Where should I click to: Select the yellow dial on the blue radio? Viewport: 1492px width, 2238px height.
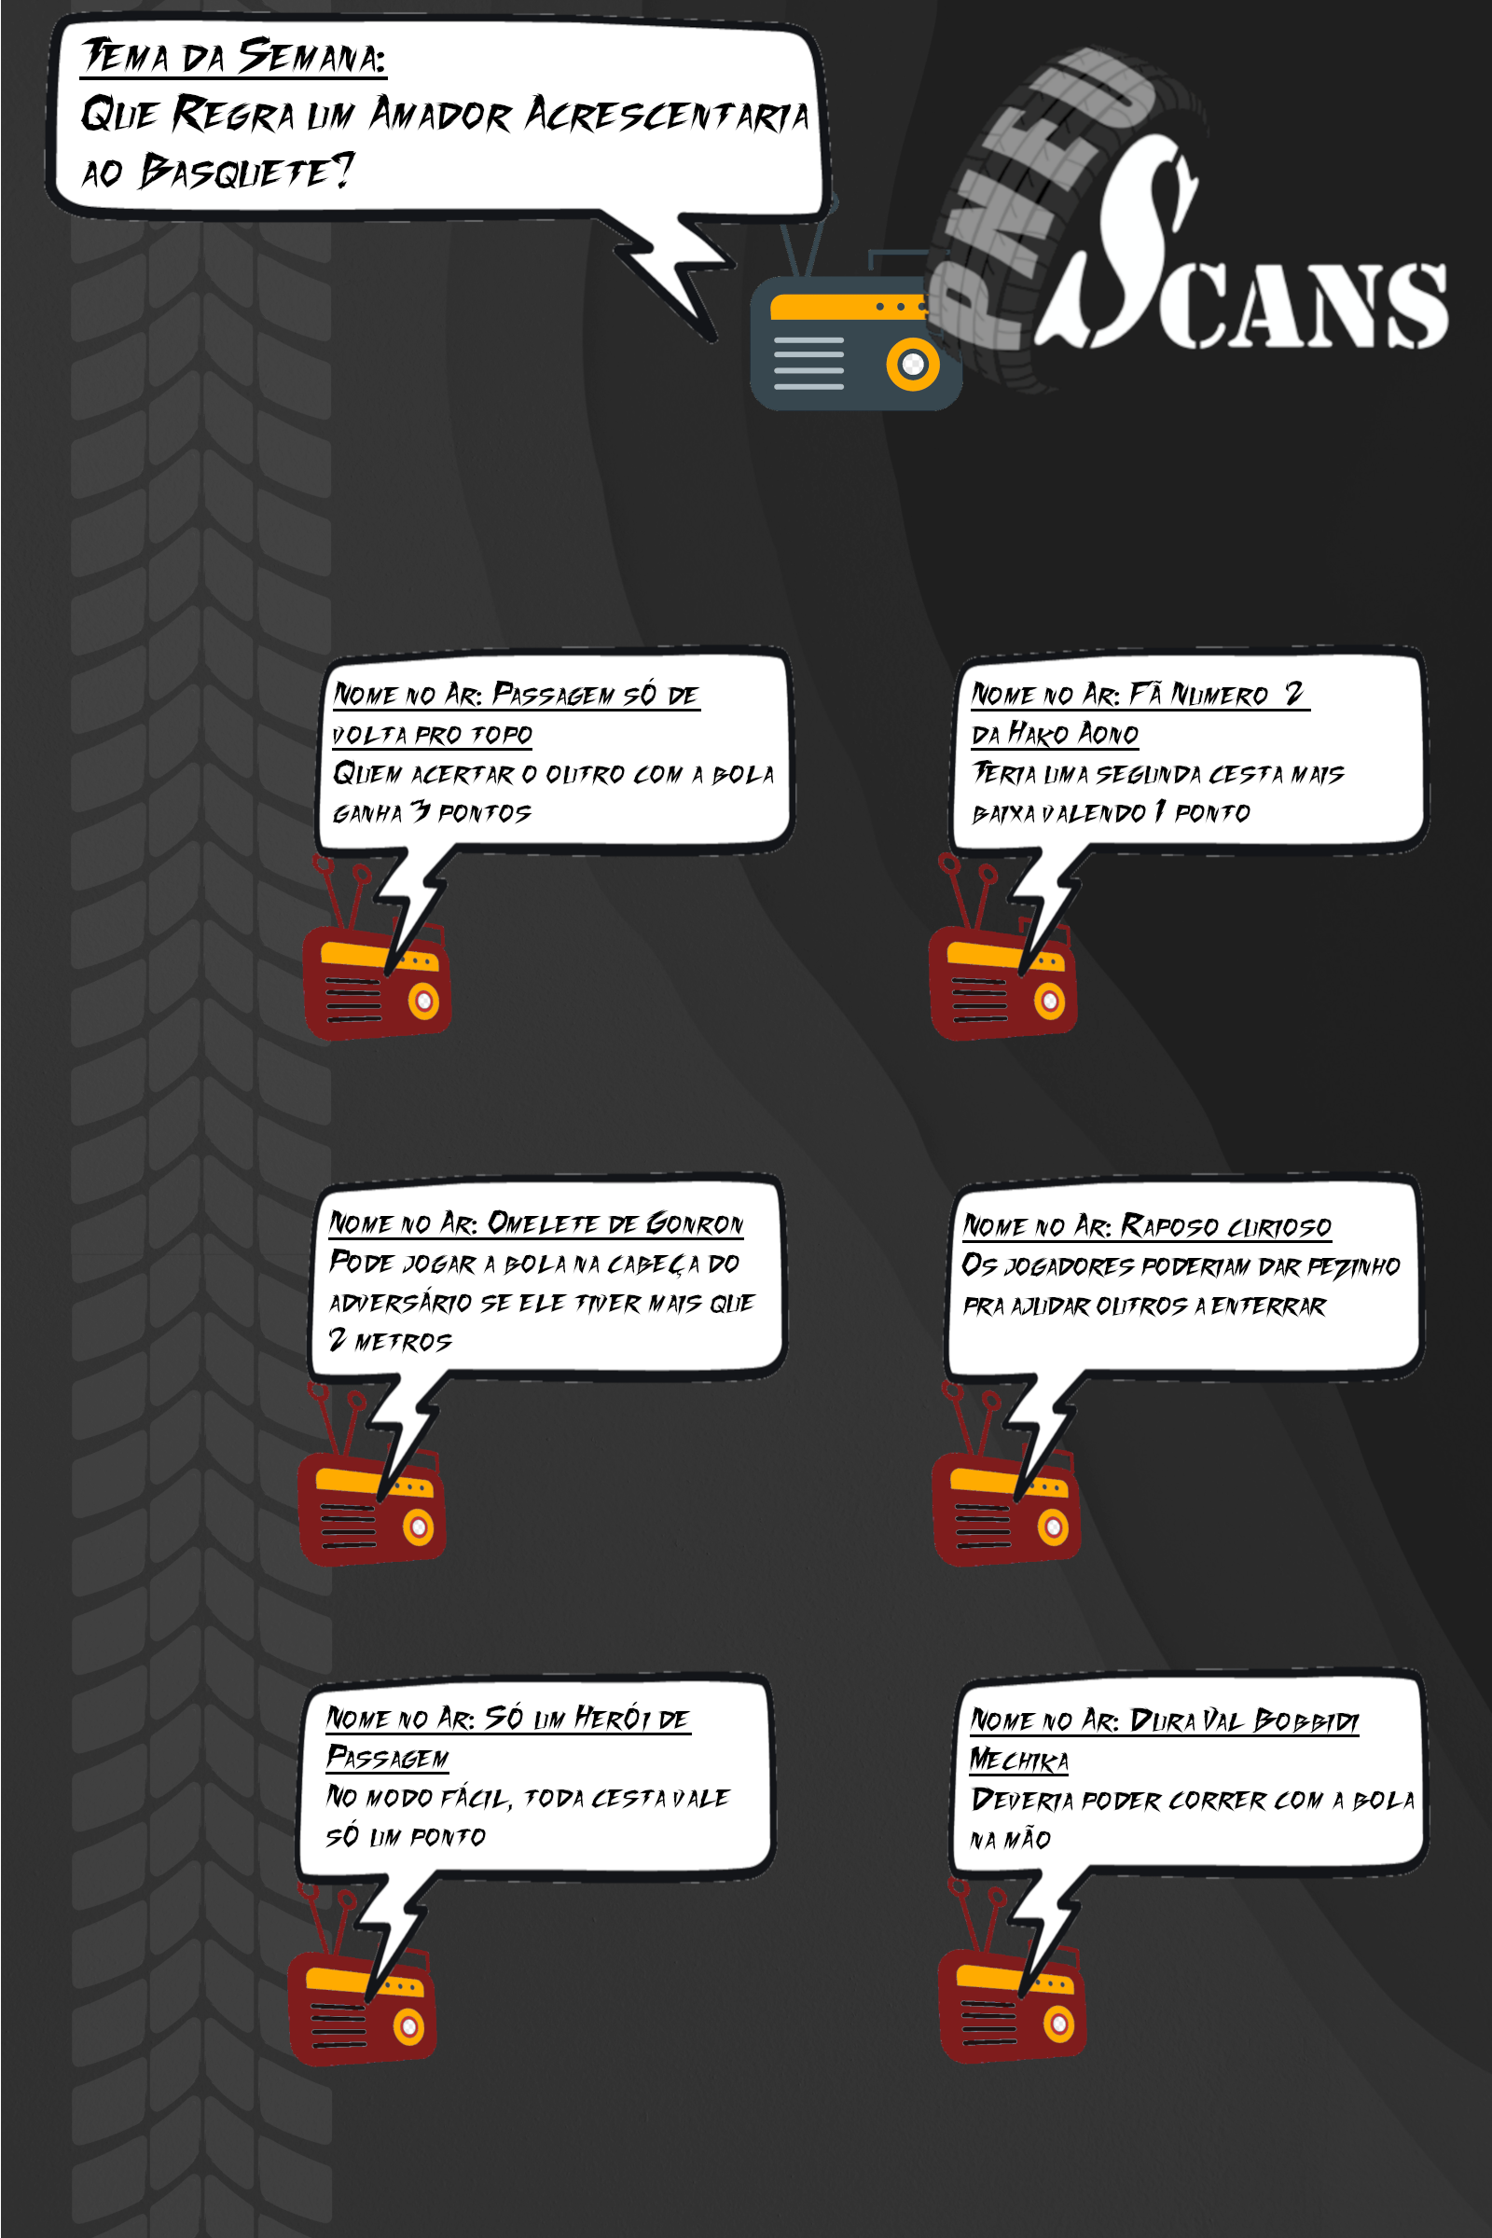coord(913,365)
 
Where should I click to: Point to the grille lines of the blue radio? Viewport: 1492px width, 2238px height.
coord(808,364)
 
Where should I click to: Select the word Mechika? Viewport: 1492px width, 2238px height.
coord(1019,1761)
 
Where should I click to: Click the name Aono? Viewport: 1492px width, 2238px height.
coord(1109,733)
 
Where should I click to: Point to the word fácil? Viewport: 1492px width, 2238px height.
coord(475,1798)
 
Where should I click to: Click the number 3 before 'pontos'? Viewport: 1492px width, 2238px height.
coord(420,810)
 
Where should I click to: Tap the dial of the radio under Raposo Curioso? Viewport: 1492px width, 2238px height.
coord(1053,1527)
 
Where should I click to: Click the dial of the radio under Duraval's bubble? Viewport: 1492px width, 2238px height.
coord(1058,2024)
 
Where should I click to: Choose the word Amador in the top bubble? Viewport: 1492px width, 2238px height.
coord(440,114)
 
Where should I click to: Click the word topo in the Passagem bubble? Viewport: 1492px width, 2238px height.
coord(502,735)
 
